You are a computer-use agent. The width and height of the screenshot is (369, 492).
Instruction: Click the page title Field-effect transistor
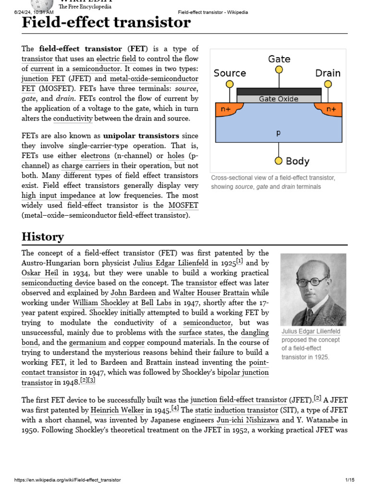pyautogui.click(x=106, y=23)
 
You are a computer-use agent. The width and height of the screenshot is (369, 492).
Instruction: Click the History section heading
pyautogui.click(x=42, y=236)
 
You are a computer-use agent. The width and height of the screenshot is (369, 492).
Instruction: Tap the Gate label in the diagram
pyautogui.click(x=279, y=59)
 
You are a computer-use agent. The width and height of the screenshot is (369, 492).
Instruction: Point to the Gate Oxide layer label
pyautogui.click(x=279, y=99)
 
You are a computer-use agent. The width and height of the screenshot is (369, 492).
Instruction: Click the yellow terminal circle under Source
pyautogui.click(x=230, y=84)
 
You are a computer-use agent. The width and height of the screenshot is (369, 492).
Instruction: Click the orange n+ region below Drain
pyautogui.click(x=331, y=109)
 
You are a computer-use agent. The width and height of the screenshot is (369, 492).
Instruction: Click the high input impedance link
pyautogui.click(x=58, y=195)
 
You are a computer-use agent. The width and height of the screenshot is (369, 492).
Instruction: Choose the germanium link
pyautogui.click(x=87, y=343)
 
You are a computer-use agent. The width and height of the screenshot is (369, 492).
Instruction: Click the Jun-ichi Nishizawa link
pyautogui.click(x=248, y=420)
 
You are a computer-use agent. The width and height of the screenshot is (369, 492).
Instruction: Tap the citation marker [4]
pyautogui.click(x=175, y=408)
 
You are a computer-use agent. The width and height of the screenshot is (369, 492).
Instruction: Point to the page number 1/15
pyautogui.click(x=349, y=480)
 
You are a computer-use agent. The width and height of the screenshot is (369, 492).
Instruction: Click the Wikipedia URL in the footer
pyautogui.click(x=68, y=480)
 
